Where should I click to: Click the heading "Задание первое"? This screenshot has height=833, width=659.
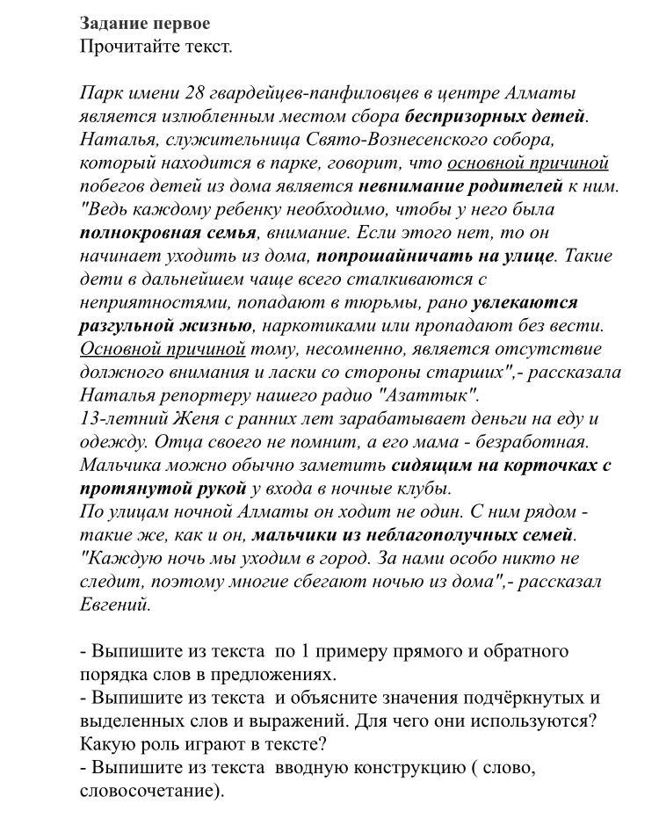(145, 24)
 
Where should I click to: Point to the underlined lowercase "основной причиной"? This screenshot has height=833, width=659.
(527, 163)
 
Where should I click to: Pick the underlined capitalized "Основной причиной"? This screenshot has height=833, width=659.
(163, 349)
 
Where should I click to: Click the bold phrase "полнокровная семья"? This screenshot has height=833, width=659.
(168, 233)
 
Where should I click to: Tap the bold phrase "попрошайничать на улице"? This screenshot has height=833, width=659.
(435, 256)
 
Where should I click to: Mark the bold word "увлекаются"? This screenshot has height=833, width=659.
(525, 302)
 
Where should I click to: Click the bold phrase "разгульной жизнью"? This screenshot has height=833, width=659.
(165, 326)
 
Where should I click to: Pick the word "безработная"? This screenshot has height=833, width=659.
(532, 442)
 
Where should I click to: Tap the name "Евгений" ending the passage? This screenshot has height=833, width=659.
(115, 605)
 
